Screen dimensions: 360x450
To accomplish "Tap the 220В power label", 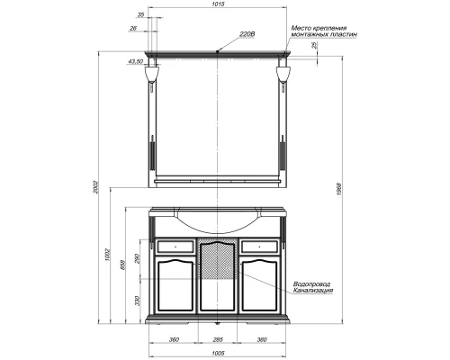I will click(x=247, y=36).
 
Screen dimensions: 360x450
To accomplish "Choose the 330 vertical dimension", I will click(x=135, y=301).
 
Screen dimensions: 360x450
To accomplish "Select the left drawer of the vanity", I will click(x=175, y=244).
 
